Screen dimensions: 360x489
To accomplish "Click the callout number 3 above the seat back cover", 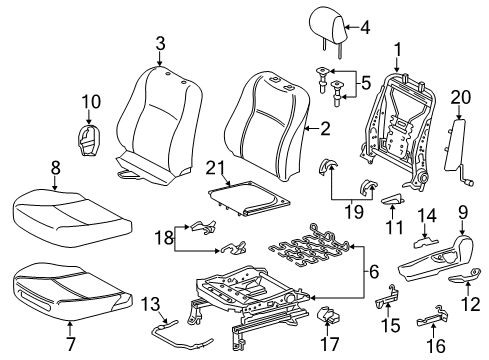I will click(x=160, y=41).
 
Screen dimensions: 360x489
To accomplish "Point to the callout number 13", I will click(x=150, y=302).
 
